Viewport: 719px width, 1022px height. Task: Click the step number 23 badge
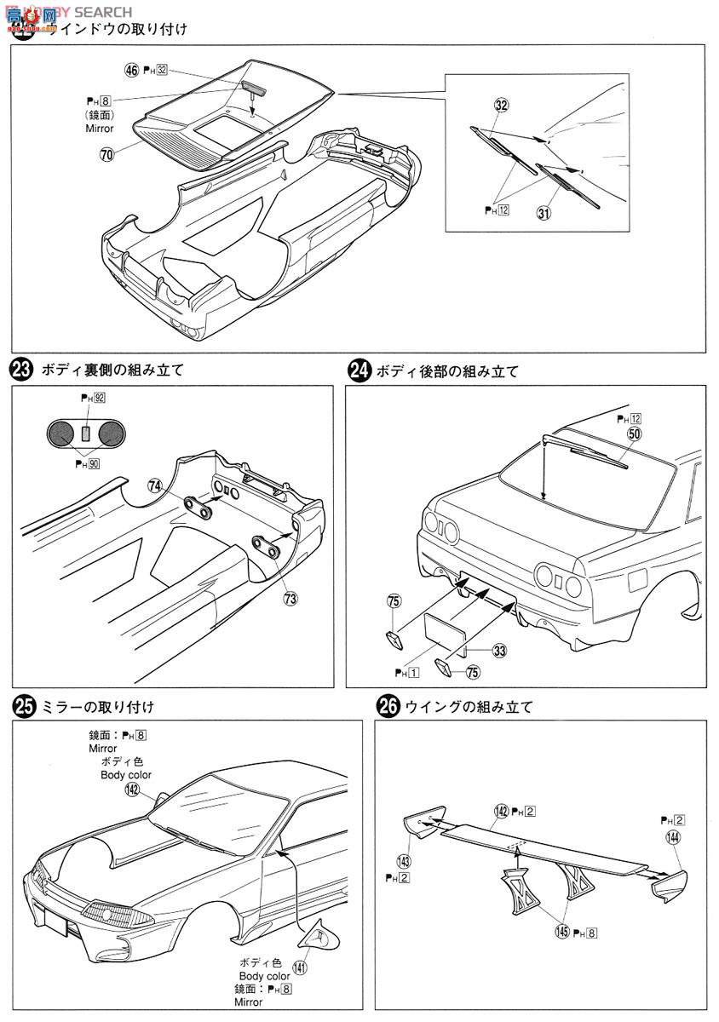[20, 370]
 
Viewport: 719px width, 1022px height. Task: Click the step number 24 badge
[360, 371]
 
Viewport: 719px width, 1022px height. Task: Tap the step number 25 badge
[21, 707]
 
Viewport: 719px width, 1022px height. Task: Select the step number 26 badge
[387, 707]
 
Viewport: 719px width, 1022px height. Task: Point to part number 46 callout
[131, 71]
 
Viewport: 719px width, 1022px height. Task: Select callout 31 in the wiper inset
[541, 213]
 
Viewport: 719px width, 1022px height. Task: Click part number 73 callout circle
[290, 598]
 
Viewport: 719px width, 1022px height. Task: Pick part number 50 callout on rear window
[633, 433]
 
